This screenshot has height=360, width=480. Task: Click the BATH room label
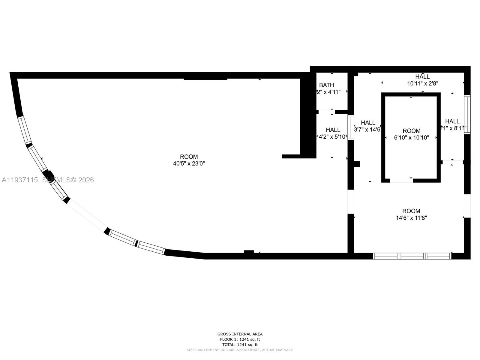(x=326, y=85)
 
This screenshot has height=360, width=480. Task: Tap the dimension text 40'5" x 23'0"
(x=189, y=163)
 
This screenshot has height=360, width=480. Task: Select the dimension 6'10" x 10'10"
(x=411, y=138)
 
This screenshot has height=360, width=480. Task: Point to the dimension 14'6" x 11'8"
(x=411, y=218)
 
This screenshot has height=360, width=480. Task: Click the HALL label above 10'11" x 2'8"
(x=422, y=76)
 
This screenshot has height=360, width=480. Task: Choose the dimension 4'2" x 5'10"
(x=333, y=137)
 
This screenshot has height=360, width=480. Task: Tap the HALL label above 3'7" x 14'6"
(x=368, y=122)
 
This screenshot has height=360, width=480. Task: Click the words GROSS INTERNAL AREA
(x=240, y=334)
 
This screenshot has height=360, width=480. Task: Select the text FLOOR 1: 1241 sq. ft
(x=240, y=339)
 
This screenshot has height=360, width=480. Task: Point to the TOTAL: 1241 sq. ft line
(x=240, y=345)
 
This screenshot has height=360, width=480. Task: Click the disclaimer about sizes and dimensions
(x=240, y=350)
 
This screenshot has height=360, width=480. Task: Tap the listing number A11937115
(x=20, y=180)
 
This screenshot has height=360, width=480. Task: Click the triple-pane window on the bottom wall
(x=412, y=256)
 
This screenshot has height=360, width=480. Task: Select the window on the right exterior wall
(x=467, y=114)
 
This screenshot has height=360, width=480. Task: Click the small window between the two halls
(x=351, y=127)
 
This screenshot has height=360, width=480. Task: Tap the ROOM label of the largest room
(x=189, y=157)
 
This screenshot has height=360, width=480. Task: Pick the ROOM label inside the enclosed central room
(x=411, y=131)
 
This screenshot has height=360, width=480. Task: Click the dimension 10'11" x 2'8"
(x=423, y=84)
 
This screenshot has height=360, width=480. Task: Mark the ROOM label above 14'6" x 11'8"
(x=411, y=211)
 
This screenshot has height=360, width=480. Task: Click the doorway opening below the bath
(x=326, y=112)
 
